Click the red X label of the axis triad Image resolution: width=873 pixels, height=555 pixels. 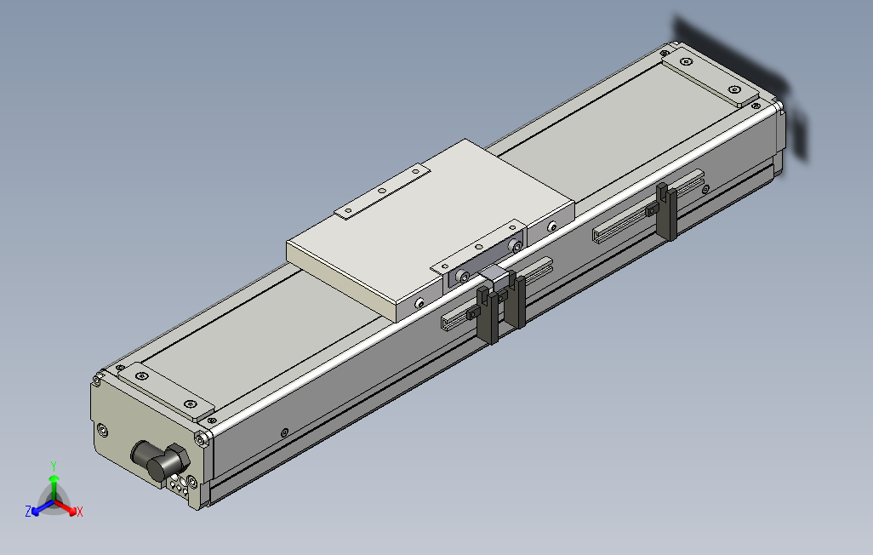point(80,512)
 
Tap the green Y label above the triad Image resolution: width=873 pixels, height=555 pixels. point(54,466)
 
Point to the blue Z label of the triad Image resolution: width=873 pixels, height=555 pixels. point(28,511)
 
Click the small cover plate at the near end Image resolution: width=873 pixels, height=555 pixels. point(167,392)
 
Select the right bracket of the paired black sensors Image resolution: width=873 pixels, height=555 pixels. point(515,300)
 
